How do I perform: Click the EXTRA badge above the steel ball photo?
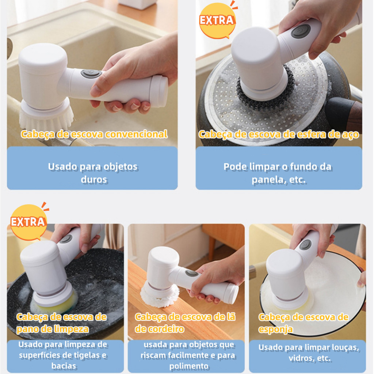click(217, 21)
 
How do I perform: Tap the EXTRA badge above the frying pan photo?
click(28, 222)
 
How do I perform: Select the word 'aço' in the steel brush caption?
click(350, 134)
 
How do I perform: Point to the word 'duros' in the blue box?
click(94, 180)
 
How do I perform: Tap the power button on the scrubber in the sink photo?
click(91, 73)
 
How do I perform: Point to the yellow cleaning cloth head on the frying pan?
click(55, 304)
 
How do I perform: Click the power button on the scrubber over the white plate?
click(305, 244)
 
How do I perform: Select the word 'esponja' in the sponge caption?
click(276, 329)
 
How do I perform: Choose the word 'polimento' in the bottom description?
click(189, 366)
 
